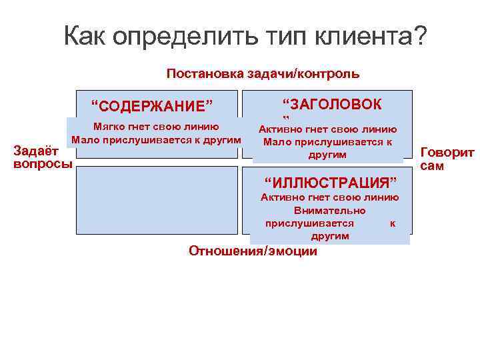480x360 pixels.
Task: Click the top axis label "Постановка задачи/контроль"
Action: pyautogui.click(x=263, y=73)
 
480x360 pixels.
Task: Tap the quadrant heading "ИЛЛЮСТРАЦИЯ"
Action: pyautogui.click(x=330, y=182)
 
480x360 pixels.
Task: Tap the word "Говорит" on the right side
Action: pyautogui.click(x=447, y=153)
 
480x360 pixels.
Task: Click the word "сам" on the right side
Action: pyautogui.click(x=432, y=166)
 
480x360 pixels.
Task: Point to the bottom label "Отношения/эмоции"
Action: pyautogui.click(x=253, y=251)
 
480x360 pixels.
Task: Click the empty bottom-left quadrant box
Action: pyautogui.click(x=157, y=200)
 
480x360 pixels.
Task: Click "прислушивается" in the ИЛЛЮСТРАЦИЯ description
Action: pyautogui.click(x=309, y=223)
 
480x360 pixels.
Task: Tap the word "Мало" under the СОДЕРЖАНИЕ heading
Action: pyautogui.click(x=85, y=140)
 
